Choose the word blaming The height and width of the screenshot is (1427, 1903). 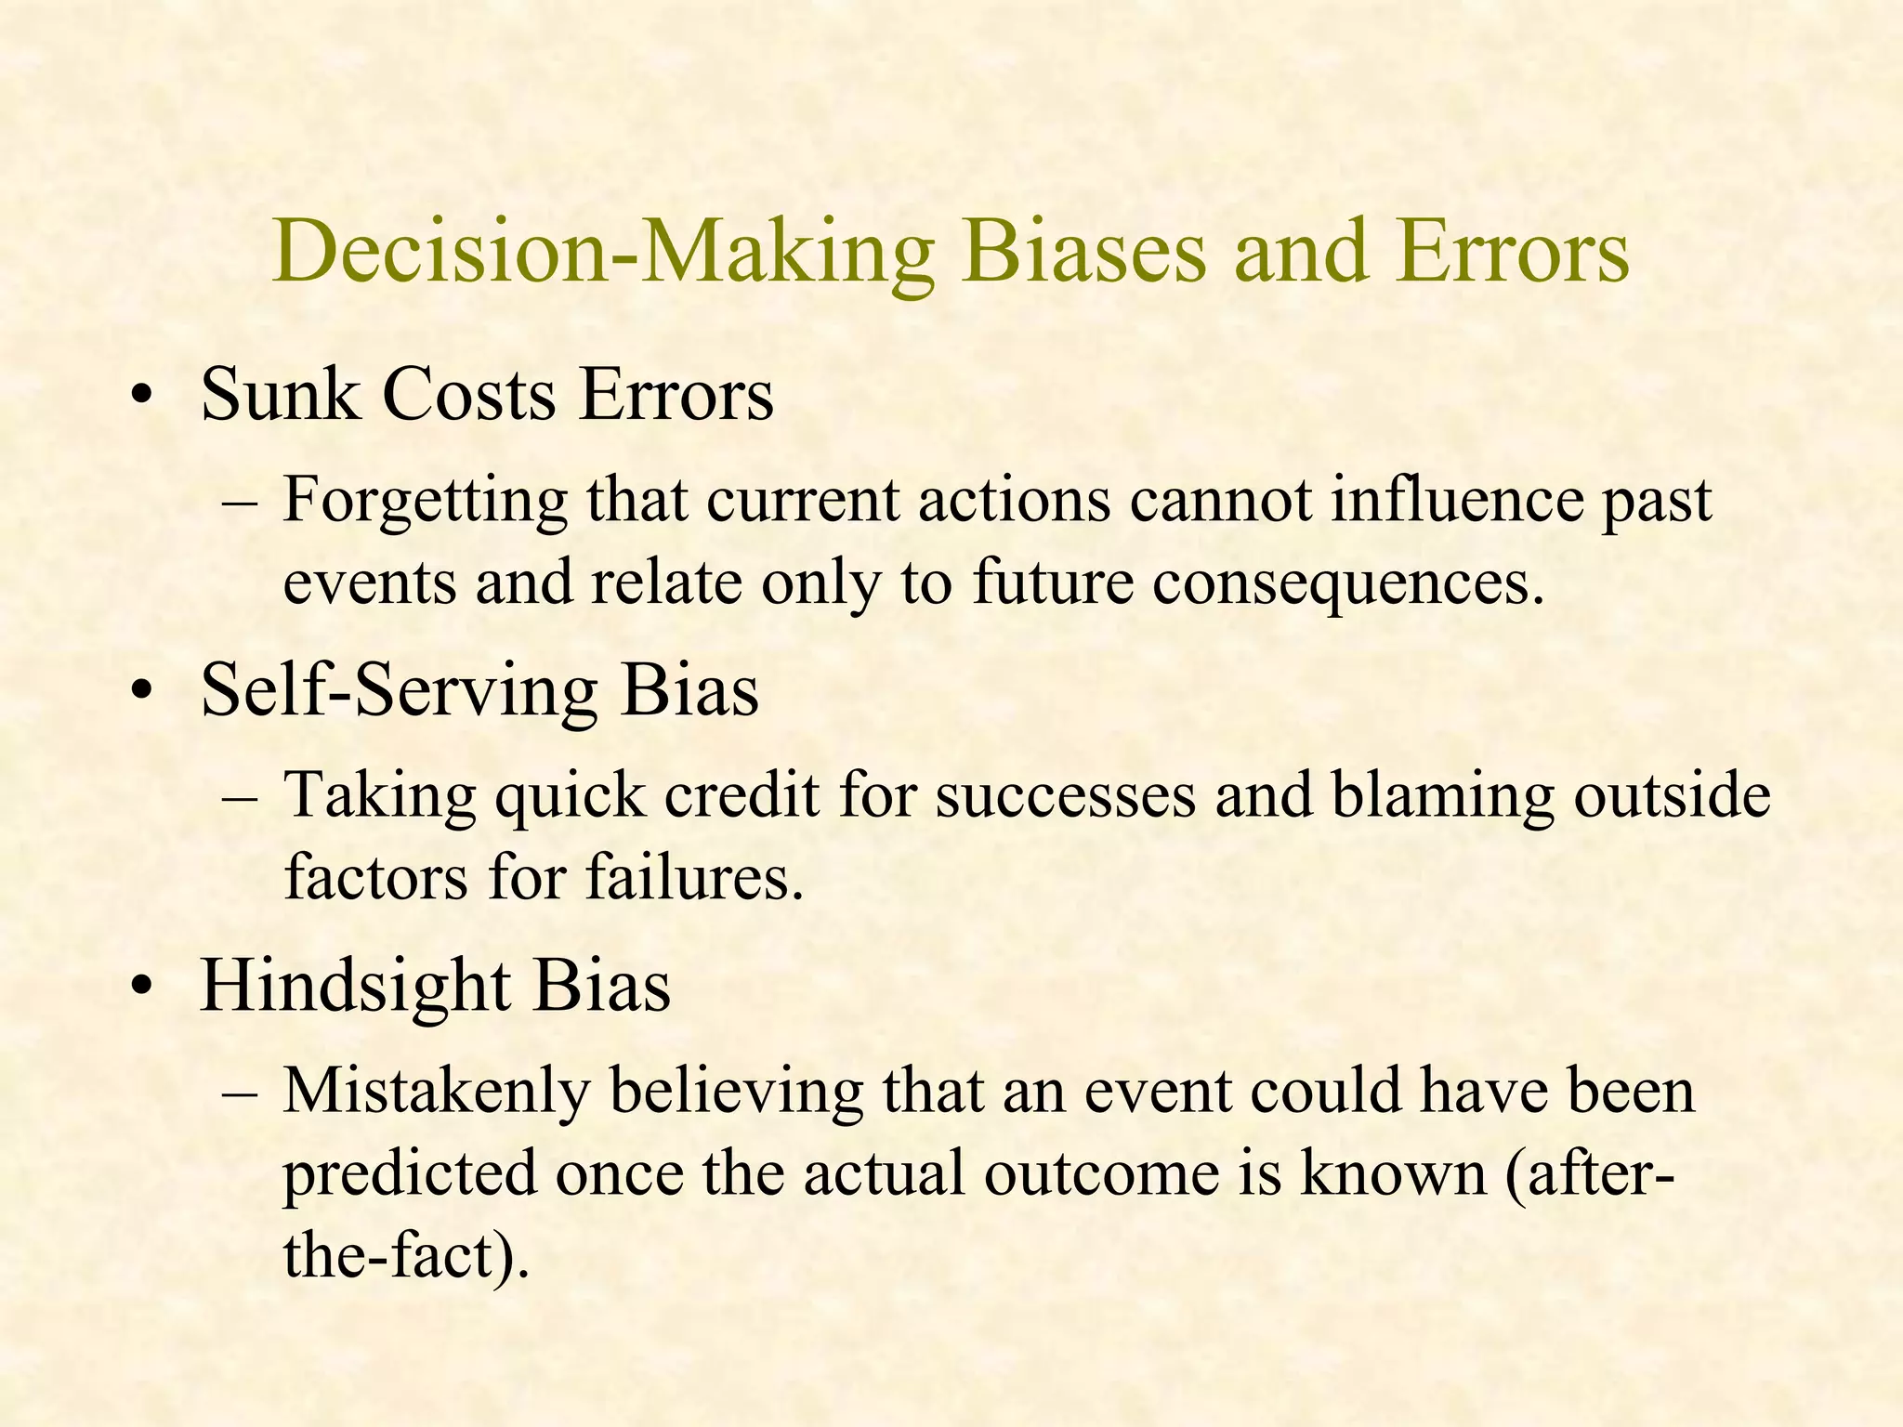point(1441,797)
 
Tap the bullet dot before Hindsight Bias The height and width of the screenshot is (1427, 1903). point(141,989)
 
